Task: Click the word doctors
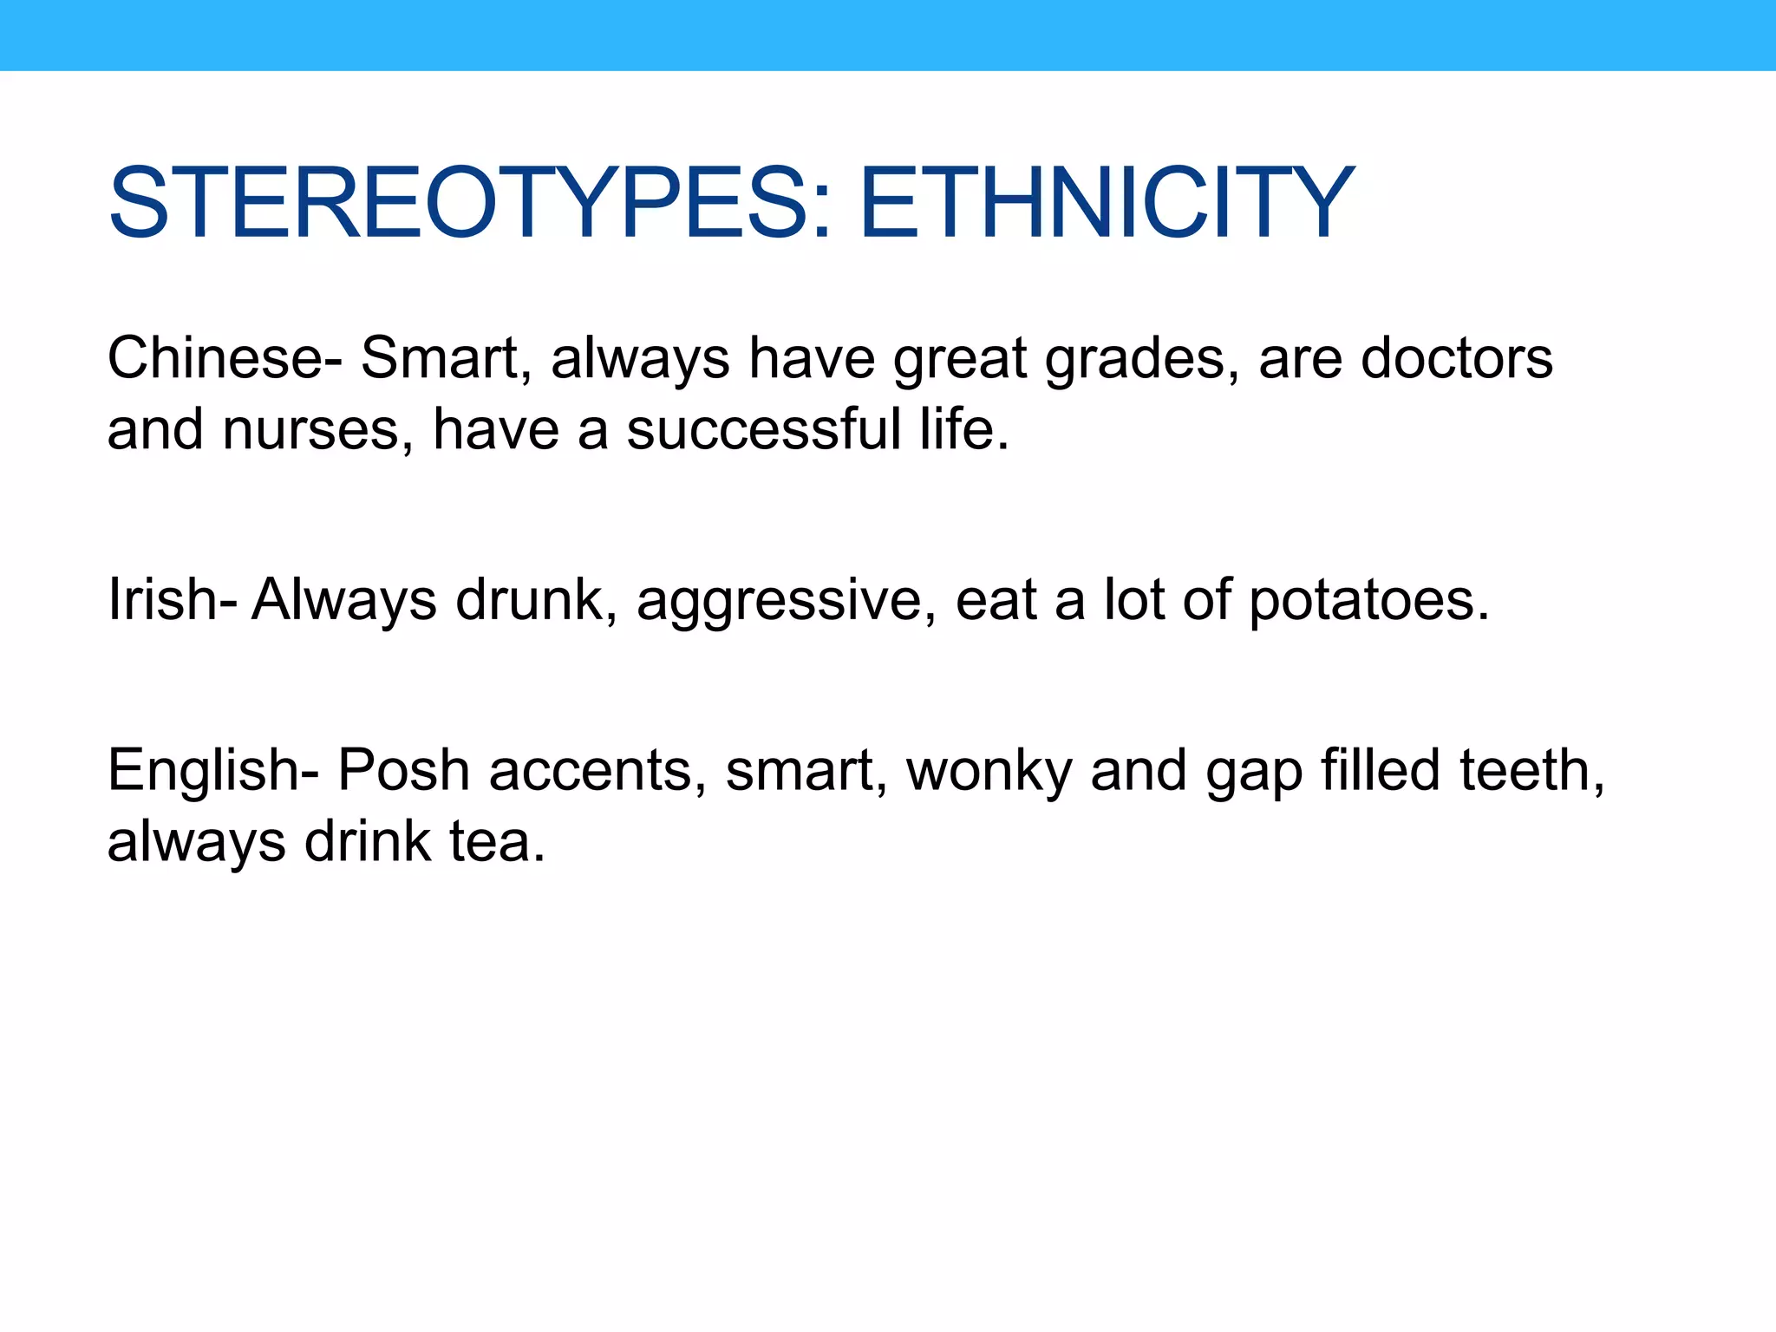(x=1457, y=358)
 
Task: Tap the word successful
(x=763, y=429)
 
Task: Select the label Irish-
(x=171, y=599)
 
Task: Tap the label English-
(x=212, y=771)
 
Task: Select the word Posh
(x=403, y=770)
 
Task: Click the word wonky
(x=989, y=772)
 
